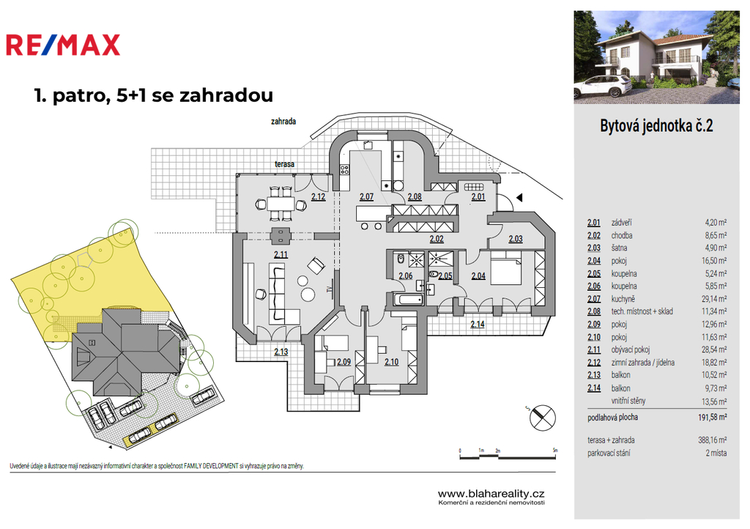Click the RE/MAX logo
coord(63,45)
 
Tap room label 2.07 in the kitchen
coord(366,196)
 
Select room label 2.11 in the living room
coord(281,254)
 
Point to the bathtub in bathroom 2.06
coord(408,300)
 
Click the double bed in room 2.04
coord(505,270)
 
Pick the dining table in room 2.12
coord(281,204)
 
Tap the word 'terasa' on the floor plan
coord(284,164)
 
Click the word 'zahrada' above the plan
coord(283,122)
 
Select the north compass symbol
coord(543,417)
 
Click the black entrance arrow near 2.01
coord(519,197)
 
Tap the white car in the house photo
coord(604,86)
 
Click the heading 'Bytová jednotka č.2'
coord(656,126)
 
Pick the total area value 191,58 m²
coord(712,417)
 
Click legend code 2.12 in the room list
coord(593,363)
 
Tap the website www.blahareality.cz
coord(491,494)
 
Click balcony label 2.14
coord(478,324)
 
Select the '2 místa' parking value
coord(716,453)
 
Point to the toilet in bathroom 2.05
coord(434,275)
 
